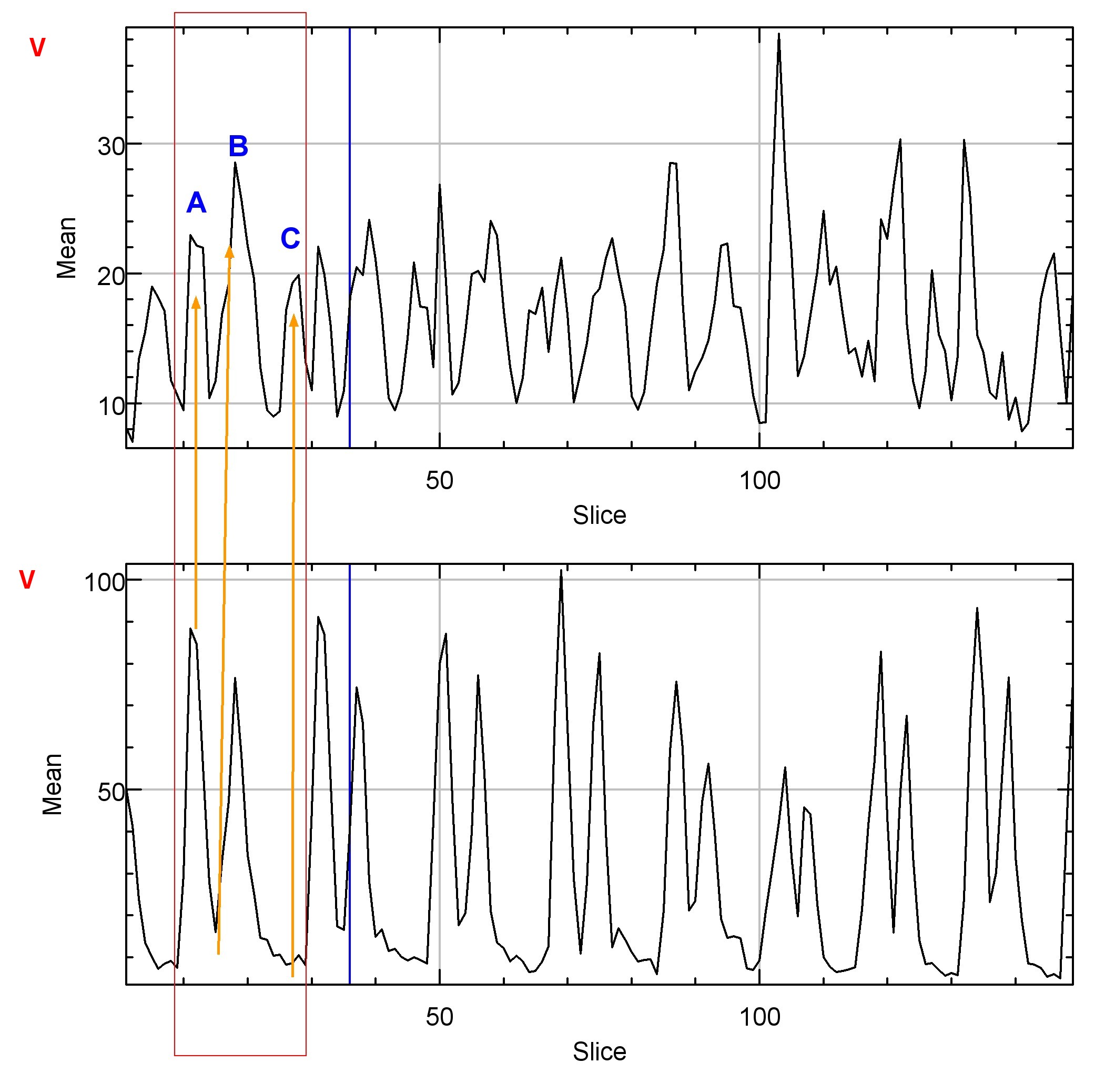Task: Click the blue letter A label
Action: click(x=196, y=203)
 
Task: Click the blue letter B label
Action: click(x=238, y=146)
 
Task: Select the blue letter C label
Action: click(x=290, y=238)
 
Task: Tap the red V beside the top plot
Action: click(x=37, y=48)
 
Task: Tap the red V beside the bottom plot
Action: click(x=27, y=580)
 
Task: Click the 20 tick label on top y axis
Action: click(x=111, y=277)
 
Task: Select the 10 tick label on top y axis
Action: click(x=111, y=407)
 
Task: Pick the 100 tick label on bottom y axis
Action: click(x=104, y=583)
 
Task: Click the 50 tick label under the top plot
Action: click(x=439, y=481)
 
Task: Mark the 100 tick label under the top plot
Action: click(x=759, y=481)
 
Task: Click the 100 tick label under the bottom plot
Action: click(x=759, y=1018)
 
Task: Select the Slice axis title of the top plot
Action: click(x=599, y=515)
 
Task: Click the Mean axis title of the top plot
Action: click(x=67, y=248)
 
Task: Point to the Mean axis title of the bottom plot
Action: click(x=53, y=784)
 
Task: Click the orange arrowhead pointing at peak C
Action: click(x=293, y=320)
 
